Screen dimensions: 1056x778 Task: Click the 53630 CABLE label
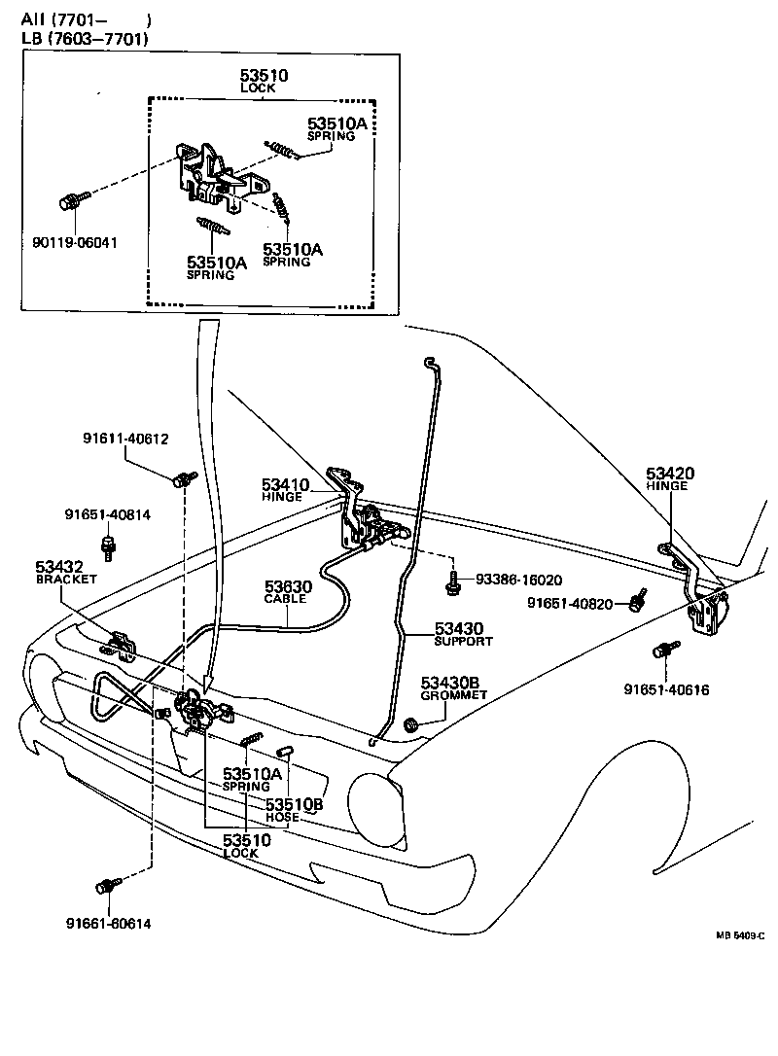[x=285, y=591]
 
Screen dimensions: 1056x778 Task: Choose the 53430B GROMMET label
[x=453, y=688]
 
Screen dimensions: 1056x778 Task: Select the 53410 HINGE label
[x=284, y=489]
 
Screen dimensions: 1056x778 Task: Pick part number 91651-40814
[x=107, y=514]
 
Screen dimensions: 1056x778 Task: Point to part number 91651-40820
[x=570, y=603]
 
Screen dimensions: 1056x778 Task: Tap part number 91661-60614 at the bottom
[x=109, y=923]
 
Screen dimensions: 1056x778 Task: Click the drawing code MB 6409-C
[x=740, y=935]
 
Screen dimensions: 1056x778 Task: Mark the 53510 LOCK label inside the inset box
[x=264, y=80]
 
